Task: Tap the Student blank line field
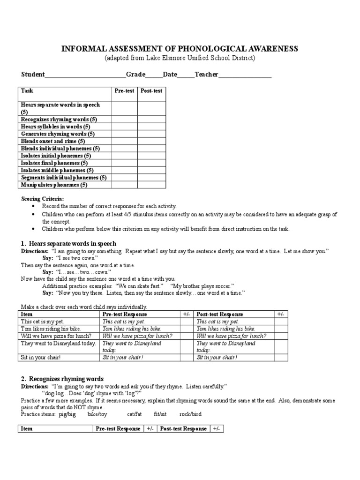tap(85, 75)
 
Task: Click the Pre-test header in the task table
tap(124, 91)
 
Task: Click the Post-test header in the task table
tap(151, 91)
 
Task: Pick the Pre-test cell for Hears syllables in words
tap(124, 127)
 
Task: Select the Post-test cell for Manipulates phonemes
tap(151, 185)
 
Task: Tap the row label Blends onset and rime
tap(53, 141)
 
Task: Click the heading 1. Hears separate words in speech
tap(68, 244)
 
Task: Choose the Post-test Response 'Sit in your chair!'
tap(217, 357)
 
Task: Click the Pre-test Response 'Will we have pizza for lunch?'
tap(137, 336)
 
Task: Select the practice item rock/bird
tap(190, 414)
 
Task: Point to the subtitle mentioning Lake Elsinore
tap(180, 58)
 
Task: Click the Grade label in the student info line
tap(135, 75)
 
